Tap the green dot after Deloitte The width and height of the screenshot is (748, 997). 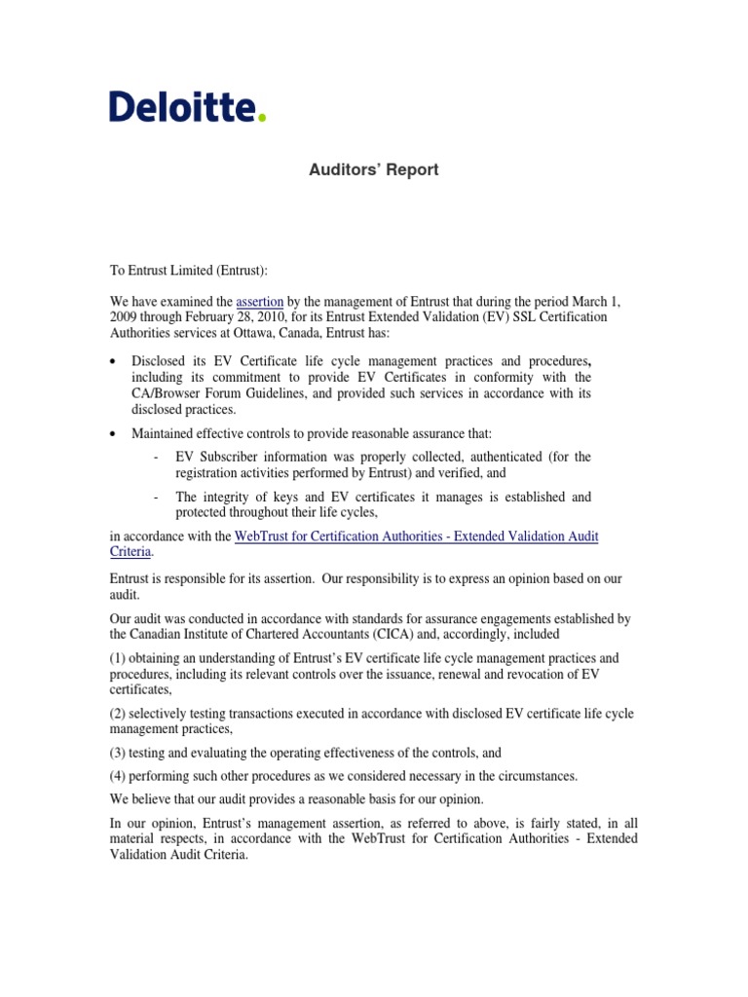click(x=261, y=118)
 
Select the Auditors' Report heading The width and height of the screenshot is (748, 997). click(x=374, y=170)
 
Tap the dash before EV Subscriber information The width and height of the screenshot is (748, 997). click(x=157, y=457)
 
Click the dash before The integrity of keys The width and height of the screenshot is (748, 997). click(x=157, y=498)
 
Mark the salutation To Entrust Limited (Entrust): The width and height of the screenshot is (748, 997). click(x=192, y=268)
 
